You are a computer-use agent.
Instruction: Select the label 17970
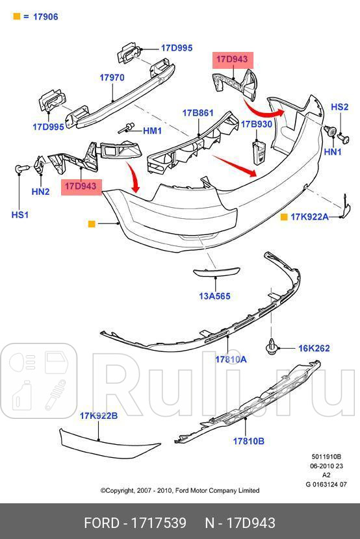point(112,77)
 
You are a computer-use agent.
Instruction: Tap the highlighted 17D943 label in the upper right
point(232,60)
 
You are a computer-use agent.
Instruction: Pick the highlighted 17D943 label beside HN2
point(81,186)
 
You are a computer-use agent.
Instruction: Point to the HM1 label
point(152,131)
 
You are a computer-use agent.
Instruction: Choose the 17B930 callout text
point(257,123)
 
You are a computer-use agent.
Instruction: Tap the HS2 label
point(340,107)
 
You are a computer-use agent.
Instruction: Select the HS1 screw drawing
point(19,169)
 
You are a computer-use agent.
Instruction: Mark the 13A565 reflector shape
point(215,273)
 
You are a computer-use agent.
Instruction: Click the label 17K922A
point(309,216)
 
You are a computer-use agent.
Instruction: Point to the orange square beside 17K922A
point(284,216)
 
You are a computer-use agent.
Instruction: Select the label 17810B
point(248,441)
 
